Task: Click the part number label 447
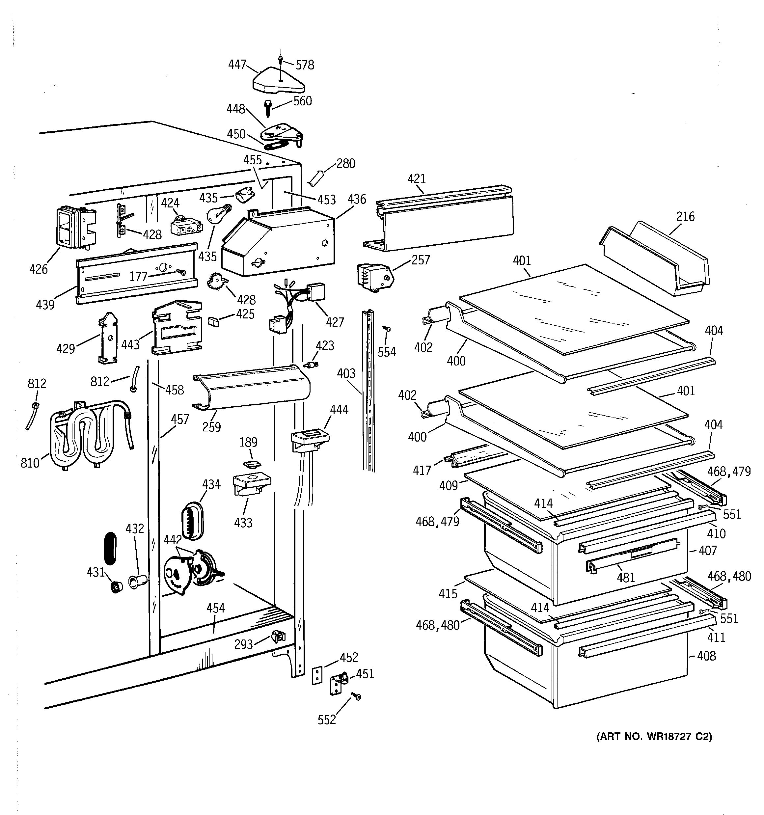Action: (x=237, y=65)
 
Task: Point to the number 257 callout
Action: (x=420, y=260)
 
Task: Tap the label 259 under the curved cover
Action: (x=212, y=427)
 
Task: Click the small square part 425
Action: (x=214, y=321)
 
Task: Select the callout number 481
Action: (x=625, y=578)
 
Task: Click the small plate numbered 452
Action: (x=317, y=675)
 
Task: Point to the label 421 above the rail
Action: (x=417, y=179)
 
